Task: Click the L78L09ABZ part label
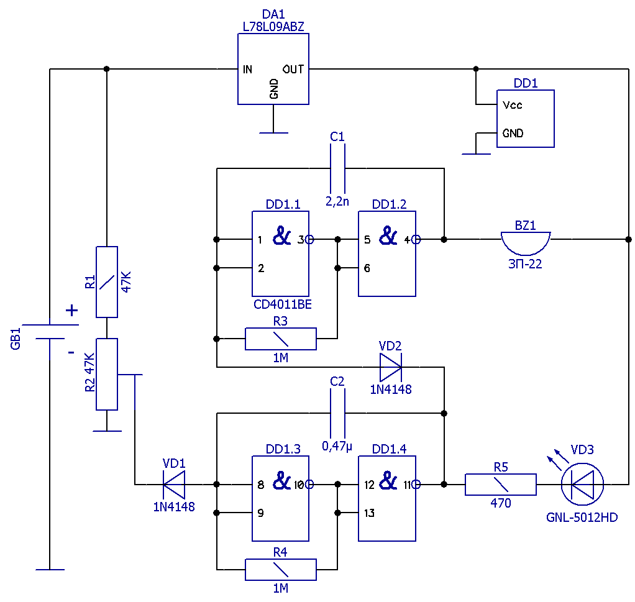tap(273, 27)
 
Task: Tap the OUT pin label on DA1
tap(293, 69)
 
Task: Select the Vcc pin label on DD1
tap(513, 105)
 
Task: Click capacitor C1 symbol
tap(338, 168)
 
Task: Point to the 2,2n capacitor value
tap(337, 201)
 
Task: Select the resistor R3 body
tap(281, 339)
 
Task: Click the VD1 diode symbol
tap(174, 484)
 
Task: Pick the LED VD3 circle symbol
tap(582, 484)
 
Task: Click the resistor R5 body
tap(501, 485)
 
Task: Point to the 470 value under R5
tap(501, 503)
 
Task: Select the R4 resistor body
tap(281, 570)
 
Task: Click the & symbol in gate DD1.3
tap(282, 481)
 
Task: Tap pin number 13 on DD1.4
tap(369, 513)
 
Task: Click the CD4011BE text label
tap(283, 304)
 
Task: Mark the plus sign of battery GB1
tap(71, 311)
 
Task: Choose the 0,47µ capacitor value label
tap(337, 446)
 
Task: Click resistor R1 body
tap(107, 282)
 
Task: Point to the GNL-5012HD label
tap(582, 518)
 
